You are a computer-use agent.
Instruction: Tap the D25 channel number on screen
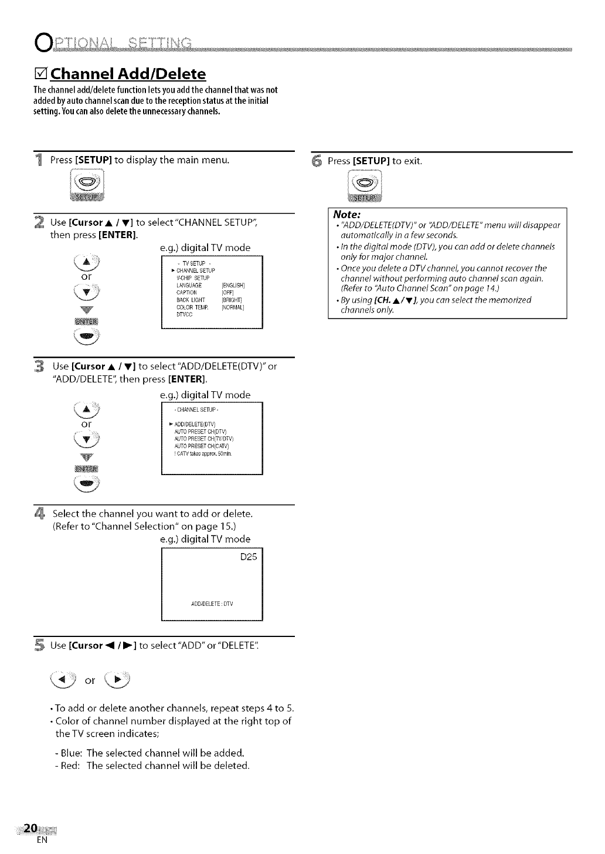[x=249, y=557]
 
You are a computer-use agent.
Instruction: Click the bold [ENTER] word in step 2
[x=118, y=236]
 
